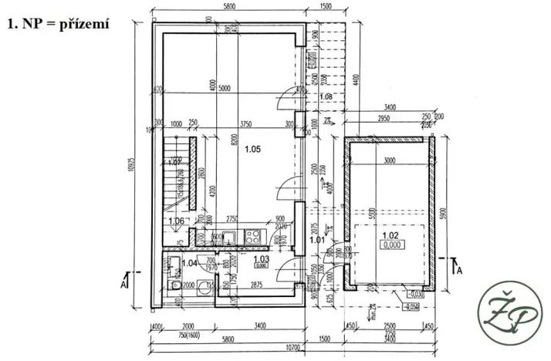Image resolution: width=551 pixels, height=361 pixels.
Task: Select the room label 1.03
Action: pos(262,260)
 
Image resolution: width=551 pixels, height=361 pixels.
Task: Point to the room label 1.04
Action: pos(190,263)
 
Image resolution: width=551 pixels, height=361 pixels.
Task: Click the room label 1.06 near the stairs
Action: pos(177,221)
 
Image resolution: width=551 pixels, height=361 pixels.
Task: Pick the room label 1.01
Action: pos(316,240)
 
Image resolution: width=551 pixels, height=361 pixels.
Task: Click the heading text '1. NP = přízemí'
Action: pos(59,23)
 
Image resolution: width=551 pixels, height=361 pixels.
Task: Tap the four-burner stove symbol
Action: pos(252,235)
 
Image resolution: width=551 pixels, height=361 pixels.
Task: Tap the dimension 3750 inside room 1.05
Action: pos(246,123)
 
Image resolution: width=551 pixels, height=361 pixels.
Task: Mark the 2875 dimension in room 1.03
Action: pos(258,286)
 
